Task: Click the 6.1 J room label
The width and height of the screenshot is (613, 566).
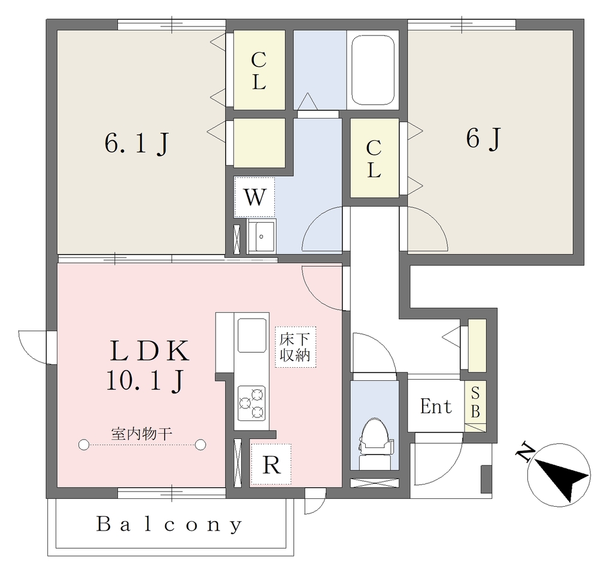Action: tap(136, 144)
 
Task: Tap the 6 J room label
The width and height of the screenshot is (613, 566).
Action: tap(483, 138)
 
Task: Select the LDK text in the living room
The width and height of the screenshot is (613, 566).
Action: tap(150, 351)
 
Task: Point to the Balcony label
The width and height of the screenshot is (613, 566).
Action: tap(169, 524)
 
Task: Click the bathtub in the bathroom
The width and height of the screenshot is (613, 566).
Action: tap(372, 70)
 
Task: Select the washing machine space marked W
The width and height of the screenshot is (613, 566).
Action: tap(254, 196)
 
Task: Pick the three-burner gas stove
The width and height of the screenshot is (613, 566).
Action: tap(252, 403)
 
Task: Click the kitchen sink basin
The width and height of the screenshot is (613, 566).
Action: tap(252, 335)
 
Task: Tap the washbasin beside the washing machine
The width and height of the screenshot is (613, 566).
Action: tap(261, 235)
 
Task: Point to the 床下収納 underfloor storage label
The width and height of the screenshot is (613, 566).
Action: tap(295, 347)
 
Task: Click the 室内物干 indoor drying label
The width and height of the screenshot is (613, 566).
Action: tap(141, 434)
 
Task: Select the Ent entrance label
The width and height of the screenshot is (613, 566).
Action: tap(436, 406)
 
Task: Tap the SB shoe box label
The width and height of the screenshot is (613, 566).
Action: tap(475, 402)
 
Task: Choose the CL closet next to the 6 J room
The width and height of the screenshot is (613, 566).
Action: tap(374, 159)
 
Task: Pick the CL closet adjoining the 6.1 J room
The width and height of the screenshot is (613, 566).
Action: tap(259, 71)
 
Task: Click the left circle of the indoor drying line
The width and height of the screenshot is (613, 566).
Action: tap(84, 445)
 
